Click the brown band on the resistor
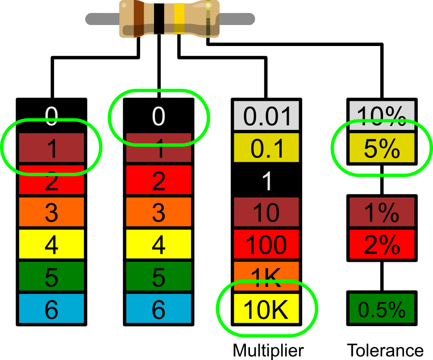[139, 19]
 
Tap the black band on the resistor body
[159, 19]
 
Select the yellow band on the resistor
[179, 19]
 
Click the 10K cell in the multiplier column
[266, 308]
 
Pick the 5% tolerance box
[382, 148]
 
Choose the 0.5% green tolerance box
[382, 308]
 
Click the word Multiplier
[268, 351]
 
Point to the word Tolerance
[385, 351]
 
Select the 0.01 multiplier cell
[266, 116]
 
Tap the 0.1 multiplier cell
[266, 148]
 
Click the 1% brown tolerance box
[382, 212]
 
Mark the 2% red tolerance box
[382, 244]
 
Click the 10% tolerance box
[382, 116]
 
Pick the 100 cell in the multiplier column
[266, 244]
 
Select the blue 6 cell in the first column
[51, 308]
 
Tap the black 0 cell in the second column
[158, 116]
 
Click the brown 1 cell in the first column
[51, 148]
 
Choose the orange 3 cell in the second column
[158, 212]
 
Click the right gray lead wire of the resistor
[237, 19]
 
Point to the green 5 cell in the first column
[51, 276]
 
